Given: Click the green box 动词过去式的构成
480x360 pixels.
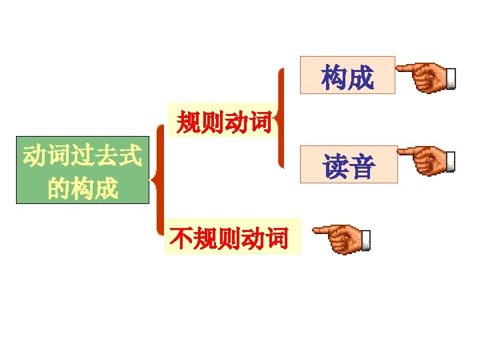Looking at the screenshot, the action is pyautogui.click(x=82, y=171).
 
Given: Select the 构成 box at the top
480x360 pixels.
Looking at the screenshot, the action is pyautogui.click(x=347, y=75).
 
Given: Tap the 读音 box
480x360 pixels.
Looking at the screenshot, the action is pyautogui.click(x=349, y=165).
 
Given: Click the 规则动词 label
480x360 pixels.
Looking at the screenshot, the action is pyautogui.click(x=223, y=121).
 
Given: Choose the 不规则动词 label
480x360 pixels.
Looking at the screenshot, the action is pyautogui.click(x=230, y=237).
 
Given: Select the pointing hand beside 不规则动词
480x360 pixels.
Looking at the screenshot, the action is pyautogui.click(x=343, y=239).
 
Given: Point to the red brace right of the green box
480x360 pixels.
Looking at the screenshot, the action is pyautogui.click(x=158, y=179).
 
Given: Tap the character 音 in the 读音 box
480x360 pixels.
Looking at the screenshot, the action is pyautogui.click(x=361, y=166).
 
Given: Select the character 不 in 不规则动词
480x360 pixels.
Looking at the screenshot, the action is pyautogui.click(x=181, y=237).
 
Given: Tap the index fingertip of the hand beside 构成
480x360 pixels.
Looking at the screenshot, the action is pyautogui.click(x=401, y=67).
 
